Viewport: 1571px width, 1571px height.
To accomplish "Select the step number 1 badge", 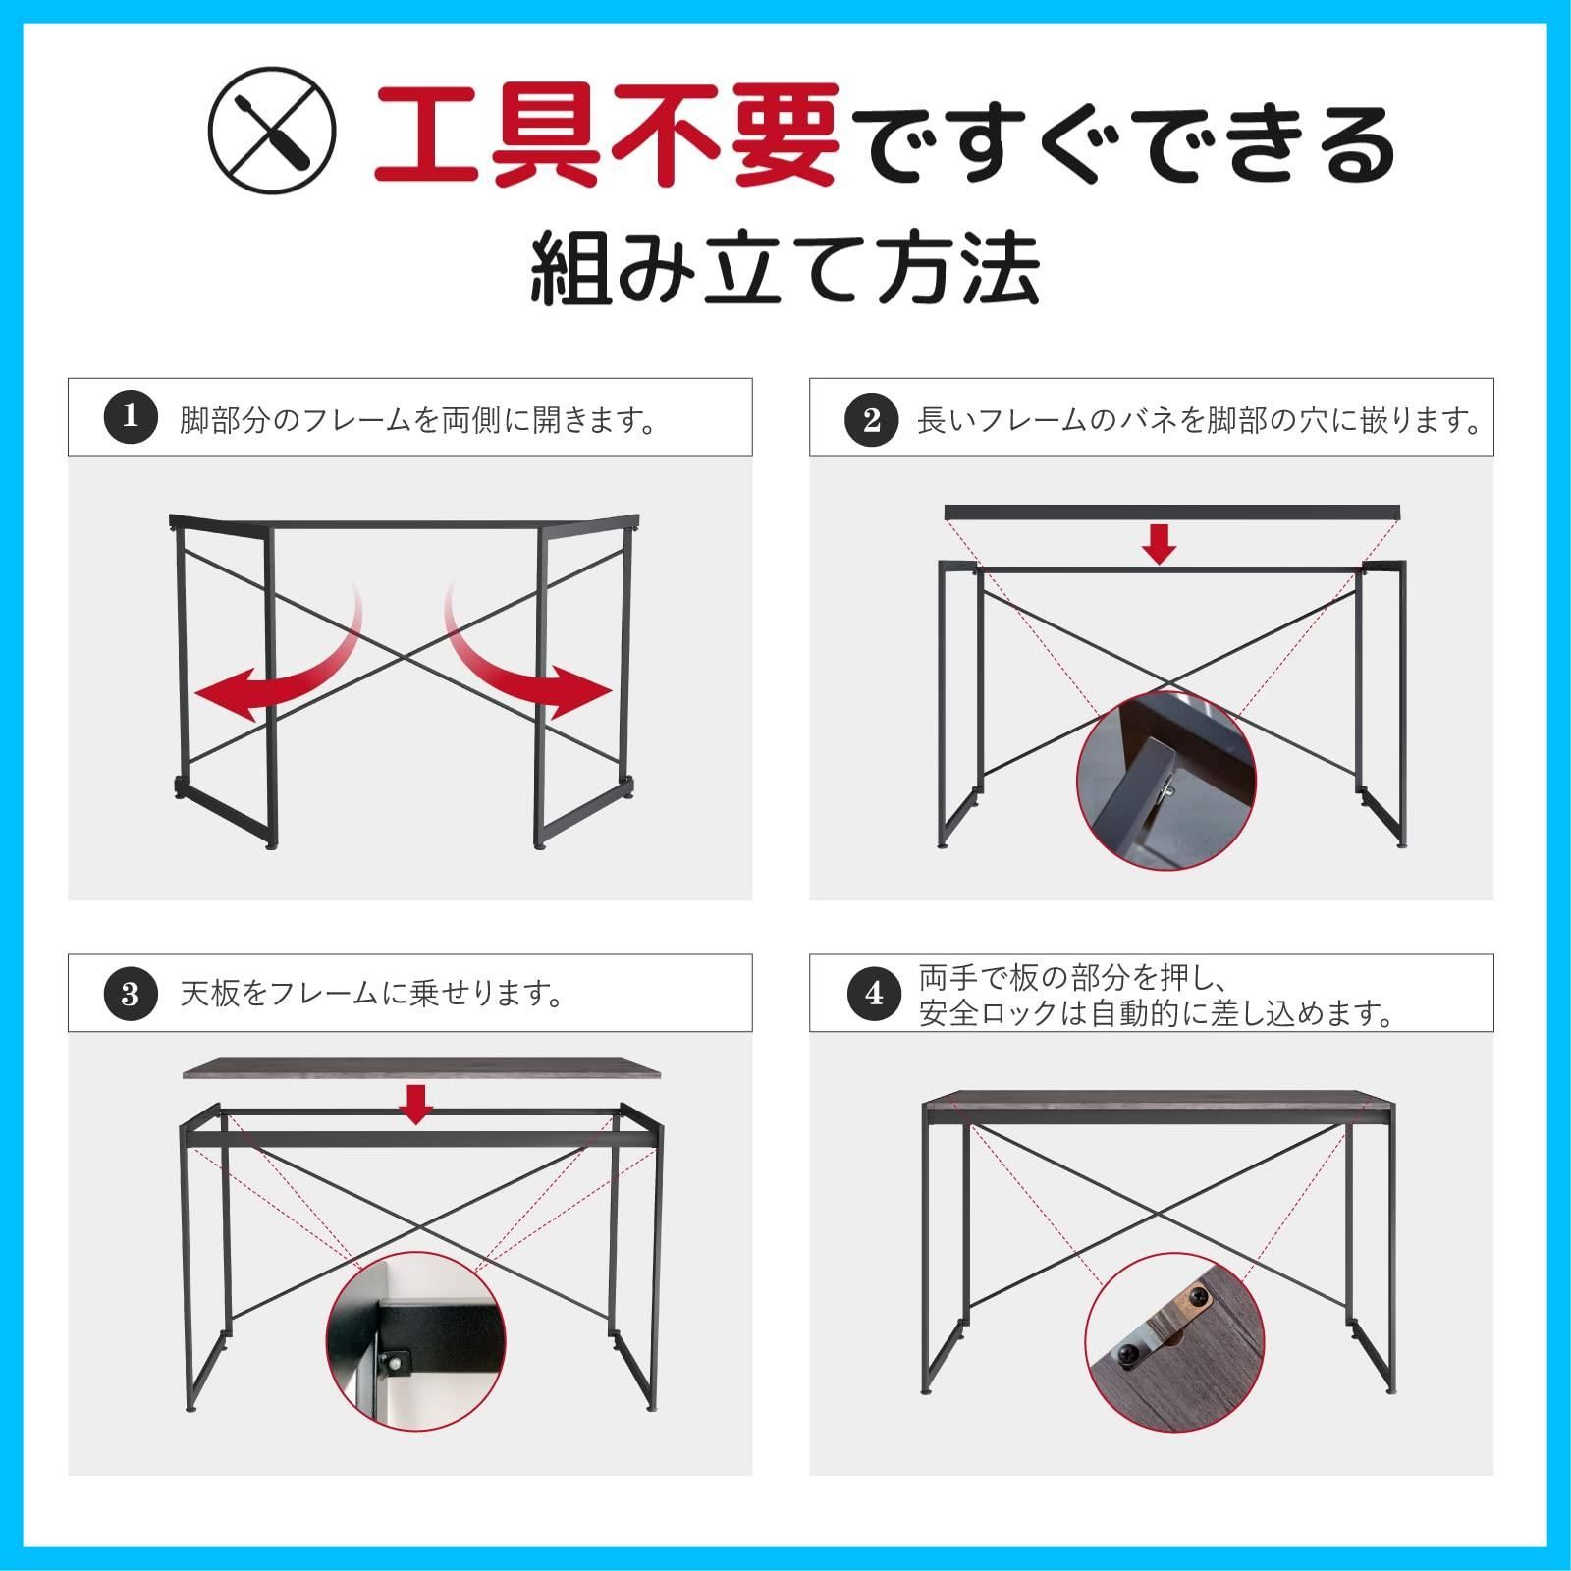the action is click(131, 417).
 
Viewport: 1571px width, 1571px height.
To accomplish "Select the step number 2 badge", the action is click(871, 419).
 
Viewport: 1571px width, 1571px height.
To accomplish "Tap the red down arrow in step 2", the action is click(1160, 544).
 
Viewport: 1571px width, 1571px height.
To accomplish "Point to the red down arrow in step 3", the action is click(417, 1104).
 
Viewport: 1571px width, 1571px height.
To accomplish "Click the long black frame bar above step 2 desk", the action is click(1170, 513).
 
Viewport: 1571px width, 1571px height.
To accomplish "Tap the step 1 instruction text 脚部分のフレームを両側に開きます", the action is click(416, 421).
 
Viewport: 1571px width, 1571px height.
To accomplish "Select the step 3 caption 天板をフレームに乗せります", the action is click(371, 994).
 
